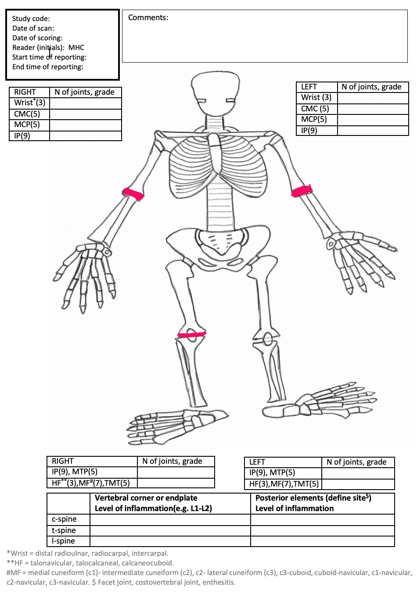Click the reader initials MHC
(76, 47)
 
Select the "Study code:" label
(31, 18)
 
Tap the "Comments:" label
(148, 18)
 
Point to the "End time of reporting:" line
(47, 67)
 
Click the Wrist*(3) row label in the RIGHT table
(29, 103)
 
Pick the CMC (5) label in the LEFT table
(315, 109)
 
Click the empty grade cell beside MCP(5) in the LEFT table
(373, 120)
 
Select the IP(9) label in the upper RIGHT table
(22, 135)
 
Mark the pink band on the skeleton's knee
(191, 335)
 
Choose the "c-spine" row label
(64, 519)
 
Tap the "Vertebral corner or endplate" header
(146, 498)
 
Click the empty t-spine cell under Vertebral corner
(170, 530)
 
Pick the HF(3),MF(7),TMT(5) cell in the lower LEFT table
(284, 484)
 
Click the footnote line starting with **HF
(90, 563)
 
